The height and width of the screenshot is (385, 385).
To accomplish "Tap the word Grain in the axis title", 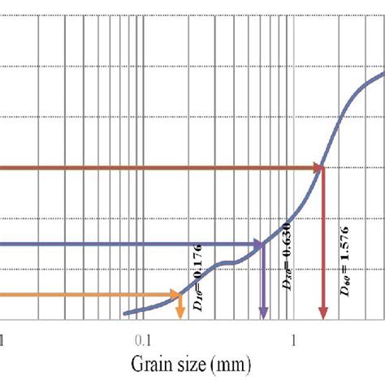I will coord(143,361).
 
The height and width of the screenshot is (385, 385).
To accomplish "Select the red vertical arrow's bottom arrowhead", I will coord(322,315).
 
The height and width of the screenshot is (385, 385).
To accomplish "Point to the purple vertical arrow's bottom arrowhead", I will coord(262,315).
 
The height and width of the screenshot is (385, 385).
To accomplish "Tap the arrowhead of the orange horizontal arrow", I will coord(175,295).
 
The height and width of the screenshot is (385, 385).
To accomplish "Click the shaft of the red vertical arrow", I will coord(322,244).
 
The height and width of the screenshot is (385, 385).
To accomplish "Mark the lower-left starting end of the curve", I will coord(124,313).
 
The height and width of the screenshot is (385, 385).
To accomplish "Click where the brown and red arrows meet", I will coord(322,168).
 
